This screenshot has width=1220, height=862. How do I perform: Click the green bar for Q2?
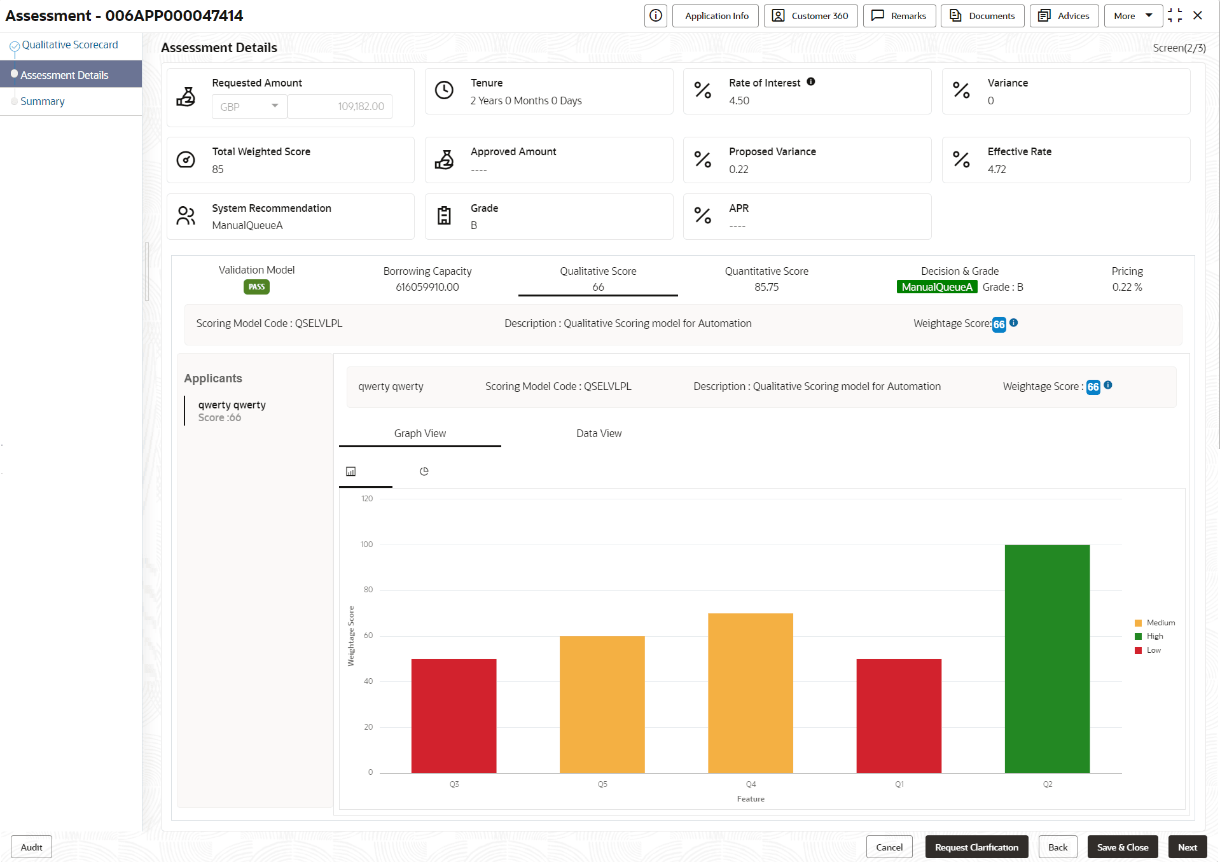1047,658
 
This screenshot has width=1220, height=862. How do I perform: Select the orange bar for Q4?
751,693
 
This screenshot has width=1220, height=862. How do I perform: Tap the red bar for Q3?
454,716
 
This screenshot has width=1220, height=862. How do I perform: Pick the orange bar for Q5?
602,704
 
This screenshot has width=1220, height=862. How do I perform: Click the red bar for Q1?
899,716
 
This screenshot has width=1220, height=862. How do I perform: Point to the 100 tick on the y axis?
367,545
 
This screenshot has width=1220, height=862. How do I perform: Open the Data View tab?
599,433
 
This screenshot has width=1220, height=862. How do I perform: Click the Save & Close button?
1122,847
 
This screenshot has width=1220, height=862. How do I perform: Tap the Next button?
1187,847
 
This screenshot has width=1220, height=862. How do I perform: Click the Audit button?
31,847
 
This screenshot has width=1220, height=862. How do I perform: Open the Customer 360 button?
810,16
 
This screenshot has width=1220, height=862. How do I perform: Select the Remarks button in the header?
899,16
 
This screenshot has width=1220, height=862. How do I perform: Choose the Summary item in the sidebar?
43,101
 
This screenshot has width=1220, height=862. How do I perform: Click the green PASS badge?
256,287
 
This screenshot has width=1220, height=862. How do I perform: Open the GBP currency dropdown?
249,106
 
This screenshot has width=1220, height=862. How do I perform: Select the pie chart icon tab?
424,471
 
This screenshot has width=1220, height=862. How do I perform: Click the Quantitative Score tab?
766,278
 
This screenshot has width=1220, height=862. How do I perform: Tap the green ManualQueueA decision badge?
936,287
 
